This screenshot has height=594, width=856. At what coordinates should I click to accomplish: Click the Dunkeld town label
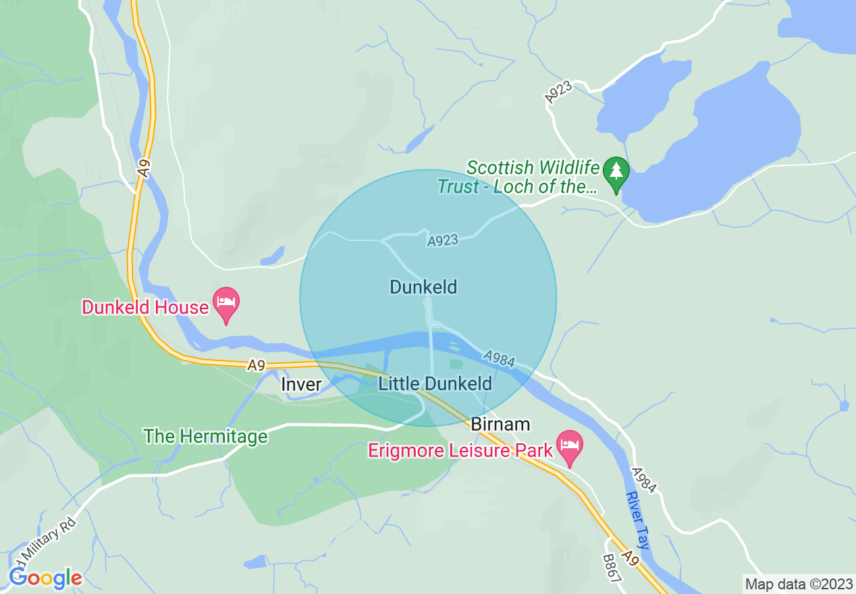click(x=423, y=287)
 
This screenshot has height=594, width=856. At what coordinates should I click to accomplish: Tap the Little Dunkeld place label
click(x=435, y=384)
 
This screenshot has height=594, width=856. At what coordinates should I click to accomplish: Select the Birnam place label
click(x=500, y=425)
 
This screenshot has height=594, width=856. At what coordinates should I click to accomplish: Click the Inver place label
click(x=301, y=384)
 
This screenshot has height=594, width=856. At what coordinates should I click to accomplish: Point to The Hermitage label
click(x=206, y=436)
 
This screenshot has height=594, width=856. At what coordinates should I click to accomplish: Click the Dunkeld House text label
click(x=145, y=307)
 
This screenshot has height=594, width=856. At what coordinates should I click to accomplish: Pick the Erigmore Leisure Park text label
click(x=460, y=450)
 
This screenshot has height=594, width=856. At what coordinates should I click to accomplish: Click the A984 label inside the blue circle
click(x=499, y=359)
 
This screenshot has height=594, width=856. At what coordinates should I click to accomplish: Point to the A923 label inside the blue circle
click(x=443, y=240)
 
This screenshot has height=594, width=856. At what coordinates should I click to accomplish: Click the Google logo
click(x=45, y=577)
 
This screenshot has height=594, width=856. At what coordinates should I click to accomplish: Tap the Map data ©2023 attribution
click(x=798, y=584)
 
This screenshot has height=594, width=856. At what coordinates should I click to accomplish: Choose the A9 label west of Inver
click(x=255, y=365)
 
